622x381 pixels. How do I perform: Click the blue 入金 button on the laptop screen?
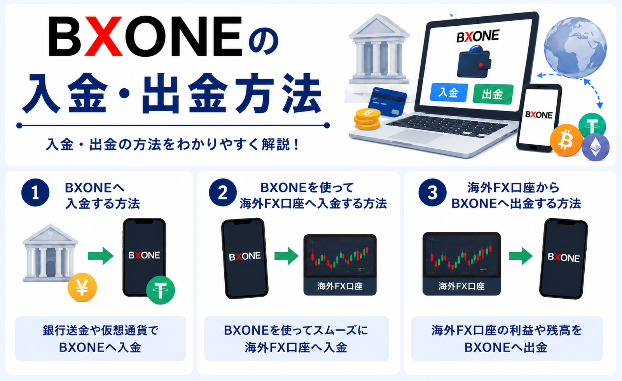click(449, 93)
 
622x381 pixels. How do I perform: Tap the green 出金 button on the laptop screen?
click(493, 94)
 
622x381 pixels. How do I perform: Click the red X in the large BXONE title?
click(103, 36)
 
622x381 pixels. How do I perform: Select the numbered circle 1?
click(35, 193)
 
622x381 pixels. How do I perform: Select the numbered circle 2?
click(223, 192)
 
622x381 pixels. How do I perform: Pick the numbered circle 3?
click(432, 192)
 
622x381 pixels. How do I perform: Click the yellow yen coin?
click(82, 287)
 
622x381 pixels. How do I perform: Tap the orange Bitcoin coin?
click(566, 140)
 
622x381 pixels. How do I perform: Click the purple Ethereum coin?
click(596, 147)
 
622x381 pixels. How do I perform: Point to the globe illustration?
click(575, 47)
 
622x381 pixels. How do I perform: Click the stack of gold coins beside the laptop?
click(367, 119)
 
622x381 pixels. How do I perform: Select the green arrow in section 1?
click(101, 256)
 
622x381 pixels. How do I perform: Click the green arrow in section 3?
click(521, 256)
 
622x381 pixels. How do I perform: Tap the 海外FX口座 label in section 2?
click(340, 286)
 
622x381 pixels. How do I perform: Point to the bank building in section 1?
click(50, 253)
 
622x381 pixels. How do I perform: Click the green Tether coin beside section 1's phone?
click(161, 290)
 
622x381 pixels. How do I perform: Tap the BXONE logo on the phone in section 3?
click(564, 257)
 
